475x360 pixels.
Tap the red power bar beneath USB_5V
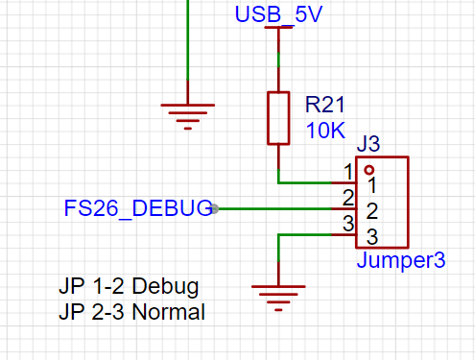pos(278,29)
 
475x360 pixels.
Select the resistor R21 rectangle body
pos(278,118)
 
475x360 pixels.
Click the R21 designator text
pos(325,105)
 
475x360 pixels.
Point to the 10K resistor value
pos(324,131)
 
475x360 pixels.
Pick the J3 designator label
pos(368,145)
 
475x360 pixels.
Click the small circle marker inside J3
pos(368,168)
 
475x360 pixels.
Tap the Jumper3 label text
pos(400,260)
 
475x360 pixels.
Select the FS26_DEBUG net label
pos(137,208)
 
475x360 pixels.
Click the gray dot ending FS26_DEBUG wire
pos(216,208)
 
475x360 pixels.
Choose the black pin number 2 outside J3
pos(348,198)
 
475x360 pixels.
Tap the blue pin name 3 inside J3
pos(370,236)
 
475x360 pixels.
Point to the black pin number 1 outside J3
pos(348,172)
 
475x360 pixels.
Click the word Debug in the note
pos(165,287)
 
